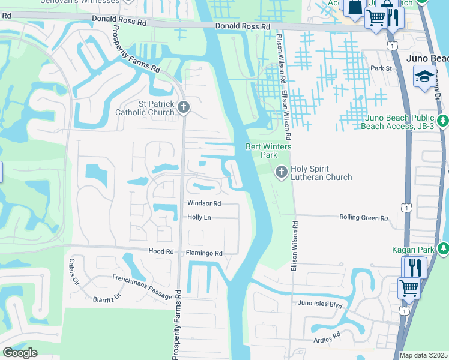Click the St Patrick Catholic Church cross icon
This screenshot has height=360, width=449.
184,107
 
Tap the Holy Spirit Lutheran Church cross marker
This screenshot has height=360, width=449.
280,173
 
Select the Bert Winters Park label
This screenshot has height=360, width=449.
268,151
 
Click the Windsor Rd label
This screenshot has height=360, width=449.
204,203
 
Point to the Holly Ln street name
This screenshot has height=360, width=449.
199,217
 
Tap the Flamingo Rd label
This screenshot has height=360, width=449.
204,253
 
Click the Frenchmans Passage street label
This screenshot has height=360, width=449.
142,285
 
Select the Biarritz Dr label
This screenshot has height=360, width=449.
107,298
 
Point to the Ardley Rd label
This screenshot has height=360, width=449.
327,338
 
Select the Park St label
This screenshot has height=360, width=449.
381,68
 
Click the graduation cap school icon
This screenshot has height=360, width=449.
424,76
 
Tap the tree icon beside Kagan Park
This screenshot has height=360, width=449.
443,247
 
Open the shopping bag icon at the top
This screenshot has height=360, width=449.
355,7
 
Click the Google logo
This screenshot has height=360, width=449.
20,353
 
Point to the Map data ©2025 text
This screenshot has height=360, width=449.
423,355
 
